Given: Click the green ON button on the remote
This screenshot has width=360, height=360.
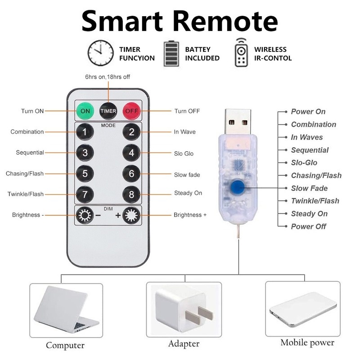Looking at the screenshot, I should tap(85, 110).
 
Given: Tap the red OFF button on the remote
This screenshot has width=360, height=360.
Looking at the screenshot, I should tap(131, 110).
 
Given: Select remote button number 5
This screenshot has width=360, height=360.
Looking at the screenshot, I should tap(85, 173).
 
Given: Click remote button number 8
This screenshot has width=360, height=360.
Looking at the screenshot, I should tap(131, 194).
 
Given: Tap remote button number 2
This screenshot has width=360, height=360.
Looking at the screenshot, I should tap(131, 132).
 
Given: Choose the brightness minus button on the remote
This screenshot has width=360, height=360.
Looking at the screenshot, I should tap(84, 215).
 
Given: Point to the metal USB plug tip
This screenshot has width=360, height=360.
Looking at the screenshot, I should tap(237, 121).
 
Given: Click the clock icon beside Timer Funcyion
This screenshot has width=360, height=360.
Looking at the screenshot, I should tap(100, 54).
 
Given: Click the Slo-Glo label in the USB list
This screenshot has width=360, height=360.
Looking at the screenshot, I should tap(304, 163).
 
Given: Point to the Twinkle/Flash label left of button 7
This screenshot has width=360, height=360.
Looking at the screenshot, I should tap(25, 194).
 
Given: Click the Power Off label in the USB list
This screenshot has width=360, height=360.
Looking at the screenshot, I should tap(308, 226).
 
